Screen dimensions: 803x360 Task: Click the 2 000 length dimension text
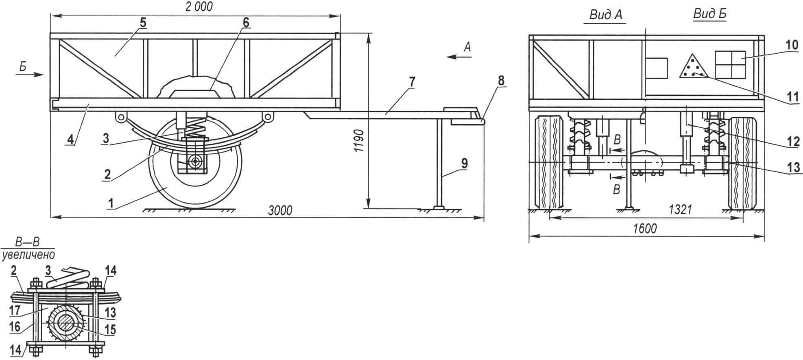pyautogui.click(x=199, y=7)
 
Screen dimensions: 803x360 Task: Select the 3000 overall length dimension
pyautogui.click(x=280, y=210)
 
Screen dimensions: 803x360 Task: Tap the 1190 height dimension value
pyautogui.click(x=358, y=141)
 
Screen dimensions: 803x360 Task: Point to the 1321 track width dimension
pyautogui.click(x=681, y=209)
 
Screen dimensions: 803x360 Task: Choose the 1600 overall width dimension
pyautogui.click(x=645, y=229)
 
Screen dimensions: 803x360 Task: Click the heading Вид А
pyautogui.click(x=606, y=15)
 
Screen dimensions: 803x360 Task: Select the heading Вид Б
pyautogui.click(x=710, y=14)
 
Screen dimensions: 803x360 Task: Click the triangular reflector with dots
pyautogui.click(x=693, y=65)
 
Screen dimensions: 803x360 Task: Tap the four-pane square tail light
pyautogui.click(x=730, y=64)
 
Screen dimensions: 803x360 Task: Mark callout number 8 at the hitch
pyautogui.click(x=501, y=81)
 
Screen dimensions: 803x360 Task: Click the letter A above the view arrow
pyautogui.click(x=467, y=47)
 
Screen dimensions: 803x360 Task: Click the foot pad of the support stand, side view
pyautogui.click(x=440, y=208)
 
